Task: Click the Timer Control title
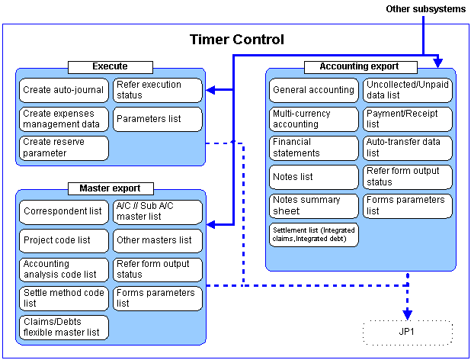point(237,40)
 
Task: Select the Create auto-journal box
point(64,90)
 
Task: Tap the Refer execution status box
point(158,90)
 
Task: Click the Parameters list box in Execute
point(158,119)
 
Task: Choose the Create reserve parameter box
point(64,148)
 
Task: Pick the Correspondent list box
point(64,212)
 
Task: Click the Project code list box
point(64,241)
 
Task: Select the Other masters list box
point(158,241)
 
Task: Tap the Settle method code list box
point(64,298)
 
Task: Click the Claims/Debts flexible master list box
point(64,327)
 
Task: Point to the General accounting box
point(313,90)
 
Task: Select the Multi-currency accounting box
point(313,119)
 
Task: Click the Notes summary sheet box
point(313,206)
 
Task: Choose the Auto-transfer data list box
point(407,148)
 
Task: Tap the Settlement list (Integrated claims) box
point(313,235)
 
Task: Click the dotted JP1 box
point(408,332)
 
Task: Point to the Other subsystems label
point(425,9)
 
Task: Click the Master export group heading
point(111,188)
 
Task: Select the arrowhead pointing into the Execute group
point(210,90)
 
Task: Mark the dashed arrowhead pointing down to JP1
point(407,315)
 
